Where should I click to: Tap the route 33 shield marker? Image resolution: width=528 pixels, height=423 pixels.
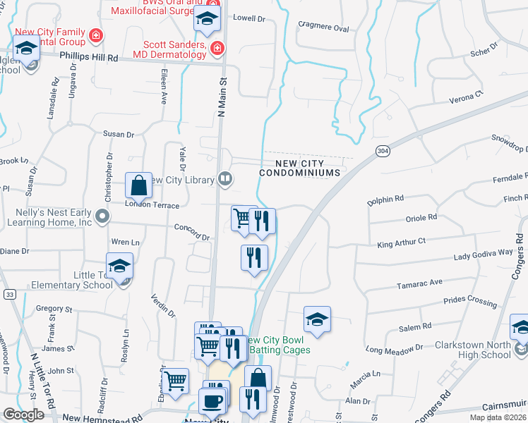tap(9, 293)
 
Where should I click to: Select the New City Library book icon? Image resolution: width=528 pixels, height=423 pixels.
tap(225, 179)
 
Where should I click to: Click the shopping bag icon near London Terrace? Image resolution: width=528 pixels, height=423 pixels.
tap(140, 186)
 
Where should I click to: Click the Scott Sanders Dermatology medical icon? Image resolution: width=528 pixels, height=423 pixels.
tap(217, 48)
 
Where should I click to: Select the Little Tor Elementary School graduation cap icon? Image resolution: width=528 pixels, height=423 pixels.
tap(121, 266)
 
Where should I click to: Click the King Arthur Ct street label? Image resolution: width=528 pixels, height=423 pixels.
tap(402, 243)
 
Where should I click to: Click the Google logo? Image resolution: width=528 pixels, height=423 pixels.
tap(24, 415)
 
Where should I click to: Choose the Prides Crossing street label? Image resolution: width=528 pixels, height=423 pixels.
tap(469, 301)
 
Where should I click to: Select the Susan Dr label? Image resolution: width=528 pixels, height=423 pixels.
tap(119, 133)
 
